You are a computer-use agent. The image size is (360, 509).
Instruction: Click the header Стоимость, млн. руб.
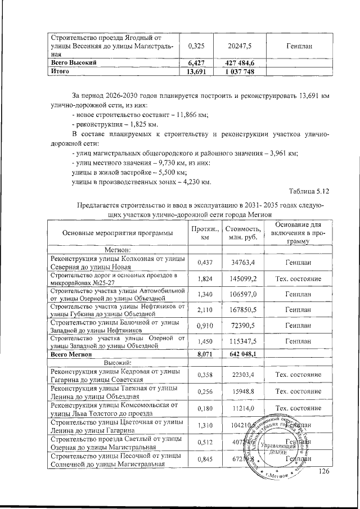243,233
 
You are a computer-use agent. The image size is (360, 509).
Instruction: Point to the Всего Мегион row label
67,353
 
